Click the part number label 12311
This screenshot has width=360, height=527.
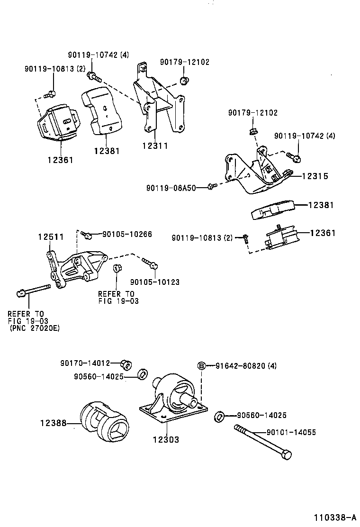click(154, 146)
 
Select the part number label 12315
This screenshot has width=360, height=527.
click(315, 176)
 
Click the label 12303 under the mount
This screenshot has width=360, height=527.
click(166, 440)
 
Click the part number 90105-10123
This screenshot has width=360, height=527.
click(154, 282)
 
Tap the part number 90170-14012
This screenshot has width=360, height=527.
click(85, 363)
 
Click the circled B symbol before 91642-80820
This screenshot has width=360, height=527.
click(201, 365)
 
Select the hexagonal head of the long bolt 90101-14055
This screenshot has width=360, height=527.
click(286, 455)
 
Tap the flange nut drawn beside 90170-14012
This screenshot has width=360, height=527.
click(126, 364)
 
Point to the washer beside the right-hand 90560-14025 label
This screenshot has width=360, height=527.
click(219, 417)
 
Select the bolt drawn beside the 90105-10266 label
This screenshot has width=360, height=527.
click(85, 234)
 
